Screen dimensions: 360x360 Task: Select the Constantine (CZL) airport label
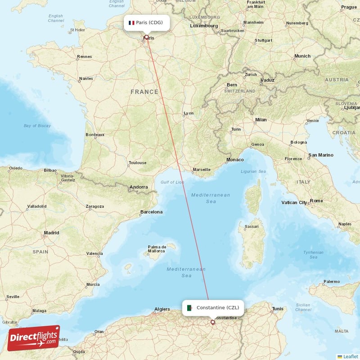point(214,308)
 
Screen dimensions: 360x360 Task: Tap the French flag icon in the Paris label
point(131,22)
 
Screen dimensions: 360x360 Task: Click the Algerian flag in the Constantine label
point(190,308)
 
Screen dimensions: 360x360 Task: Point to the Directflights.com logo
point(34,338)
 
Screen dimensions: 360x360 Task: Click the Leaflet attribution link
point(350,356)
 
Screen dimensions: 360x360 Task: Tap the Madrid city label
point(51,233)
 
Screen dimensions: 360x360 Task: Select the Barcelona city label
point(151,211)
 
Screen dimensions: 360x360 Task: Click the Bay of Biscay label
point(37,126)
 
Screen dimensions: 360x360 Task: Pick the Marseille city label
point(201,170)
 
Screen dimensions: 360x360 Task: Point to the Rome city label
point(316,201)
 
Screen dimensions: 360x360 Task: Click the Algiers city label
point(162,309)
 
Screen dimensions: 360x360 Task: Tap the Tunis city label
point(277,309)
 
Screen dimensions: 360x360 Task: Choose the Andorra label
point(138,187)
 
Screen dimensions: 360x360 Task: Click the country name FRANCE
point(144,92)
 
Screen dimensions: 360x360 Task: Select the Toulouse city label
point(137,163)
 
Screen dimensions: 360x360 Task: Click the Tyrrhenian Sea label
point(313,255)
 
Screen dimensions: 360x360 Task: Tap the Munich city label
point(302,56)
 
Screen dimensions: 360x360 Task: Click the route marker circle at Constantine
point(213,322)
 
